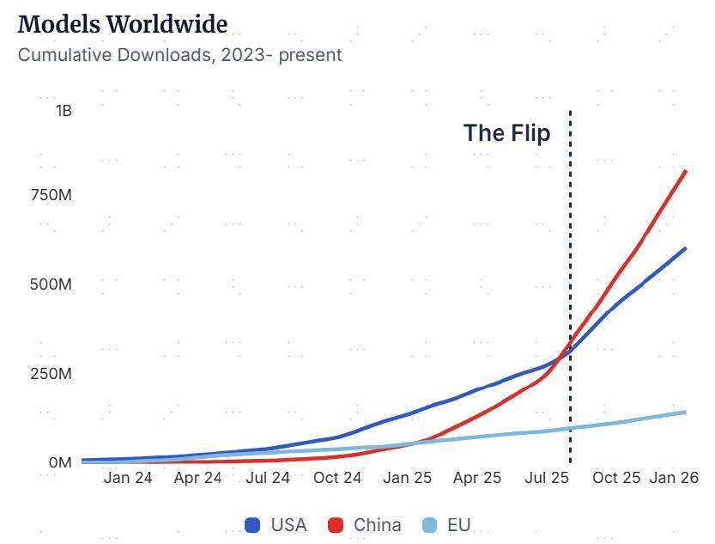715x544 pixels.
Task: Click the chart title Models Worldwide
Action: pos(122,24)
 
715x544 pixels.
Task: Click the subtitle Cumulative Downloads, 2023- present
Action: pos(179,55)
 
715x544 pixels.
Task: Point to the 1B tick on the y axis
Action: pos(64,111)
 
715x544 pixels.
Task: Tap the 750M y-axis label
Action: pos(51,195)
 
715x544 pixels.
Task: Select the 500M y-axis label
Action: pos(51,284)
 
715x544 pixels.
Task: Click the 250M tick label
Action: pos(51,374)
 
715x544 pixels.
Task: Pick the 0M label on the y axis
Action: pos(59,462)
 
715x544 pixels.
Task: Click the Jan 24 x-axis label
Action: pos(128,478)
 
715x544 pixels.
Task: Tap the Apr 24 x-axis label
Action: pos(197,478)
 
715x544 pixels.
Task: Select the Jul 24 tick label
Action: pos(268,478)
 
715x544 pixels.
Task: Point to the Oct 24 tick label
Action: pos(337,478)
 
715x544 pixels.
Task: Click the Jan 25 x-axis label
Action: pos(408,478)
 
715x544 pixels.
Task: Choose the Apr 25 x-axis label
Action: pos(477,478)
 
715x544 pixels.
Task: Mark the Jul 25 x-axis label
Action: pos(547,478)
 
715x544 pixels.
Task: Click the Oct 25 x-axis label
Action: pos(616,478)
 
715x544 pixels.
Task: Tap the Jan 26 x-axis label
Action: pos(674,478)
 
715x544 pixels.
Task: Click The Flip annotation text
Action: pos(506,133)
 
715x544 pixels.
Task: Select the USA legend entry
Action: pos(276,524)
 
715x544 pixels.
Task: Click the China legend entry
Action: pos(365,524)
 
